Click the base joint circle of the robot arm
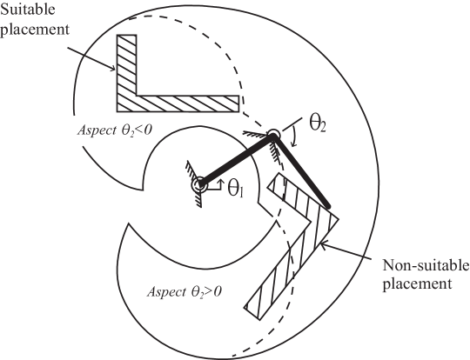pos(198,184)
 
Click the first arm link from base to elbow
pos(235,160)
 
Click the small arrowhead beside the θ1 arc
pos(221,183)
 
